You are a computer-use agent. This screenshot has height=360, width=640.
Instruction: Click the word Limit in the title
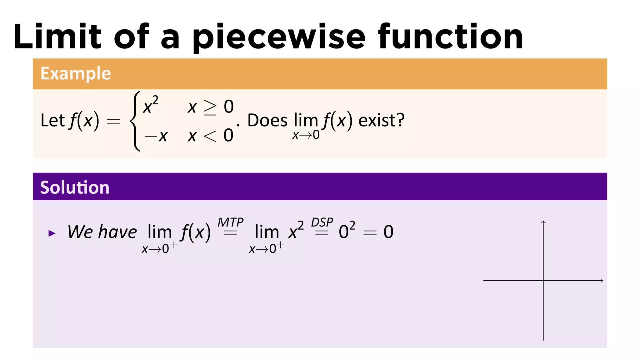pyautogui.click(x=57, y=37)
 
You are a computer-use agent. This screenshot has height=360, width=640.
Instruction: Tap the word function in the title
pyautogui.click(x=450, y=37)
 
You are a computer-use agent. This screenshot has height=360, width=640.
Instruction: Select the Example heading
pyautogui.click(x=76, y=73)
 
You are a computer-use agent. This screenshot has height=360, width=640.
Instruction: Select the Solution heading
pyautogui.click(x=75, y=187)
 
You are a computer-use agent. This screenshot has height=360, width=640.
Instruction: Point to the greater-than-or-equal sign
pyautogui.click(x=210, y=107)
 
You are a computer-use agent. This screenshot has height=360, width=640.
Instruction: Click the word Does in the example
pyautogui.click(x=267, y=120)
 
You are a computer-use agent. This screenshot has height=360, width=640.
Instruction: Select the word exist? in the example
pyautogui.click(x=381, y=120)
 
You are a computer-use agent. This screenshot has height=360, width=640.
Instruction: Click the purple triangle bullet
pyautogui.click(x=52, y=233)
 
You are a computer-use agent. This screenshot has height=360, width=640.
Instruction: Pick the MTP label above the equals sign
pyautogui.click(x=230, y=222)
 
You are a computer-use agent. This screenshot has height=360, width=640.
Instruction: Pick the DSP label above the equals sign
pyautogui.click(x=322, y=222)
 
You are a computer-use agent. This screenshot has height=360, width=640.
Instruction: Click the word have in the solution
pyautogui.click(x=117, y=232)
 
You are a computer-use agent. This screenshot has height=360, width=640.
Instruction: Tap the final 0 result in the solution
pyautogui.click(x=388, y=232)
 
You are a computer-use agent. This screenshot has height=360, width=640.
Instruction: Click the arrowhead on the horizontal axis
pyautogui.click(x=602, y=281)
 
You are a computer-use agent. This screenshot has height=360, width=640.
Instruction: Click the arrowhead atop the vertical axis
pyautogui.click(x=543, y=222)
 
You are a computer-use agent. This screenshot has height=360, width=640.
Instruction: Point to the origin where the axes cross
pyautogui.click(x=543, y=281)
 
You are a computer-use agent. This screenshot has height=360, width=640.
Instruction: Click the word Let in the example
pyautogui.click(x=52, y=120)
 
